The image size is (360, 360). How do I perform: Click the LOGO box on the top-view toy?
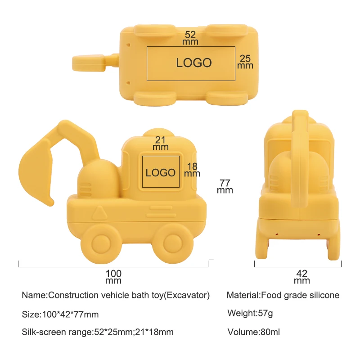click(191, 63)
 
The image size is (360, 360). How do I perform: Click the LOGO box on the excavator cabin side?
click(161, 172)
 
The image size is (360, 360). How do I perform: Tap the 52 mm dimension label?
click(190, 38)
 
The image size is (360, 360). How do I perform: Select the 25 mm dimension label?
click(245, 62)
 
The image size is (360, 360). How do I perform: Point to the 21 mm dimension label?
click(161, 143)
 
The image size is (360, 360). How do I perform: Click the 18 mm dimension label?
click(192, 170)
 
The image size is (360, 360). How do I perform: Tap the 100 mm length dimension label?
click(113, 277)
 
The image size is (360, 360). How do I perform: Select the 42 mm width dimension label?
click(302, 277)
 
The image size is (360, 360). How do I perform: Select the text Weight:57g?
click(251, 313)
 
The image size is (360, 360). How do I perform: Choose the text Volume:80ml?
click(253, 333)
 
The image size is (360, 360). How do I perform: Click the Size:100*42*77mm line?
click(60, 314)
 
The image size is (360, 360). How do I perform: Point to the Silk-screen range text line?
click(98, 333)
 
